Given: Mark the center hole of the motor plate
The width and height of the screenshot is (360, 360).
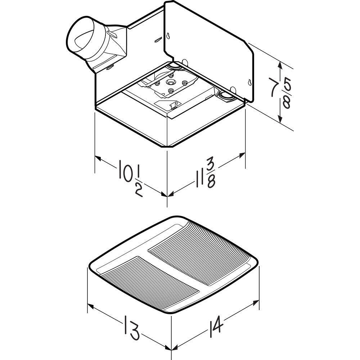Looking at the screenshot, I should [170, 82].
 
